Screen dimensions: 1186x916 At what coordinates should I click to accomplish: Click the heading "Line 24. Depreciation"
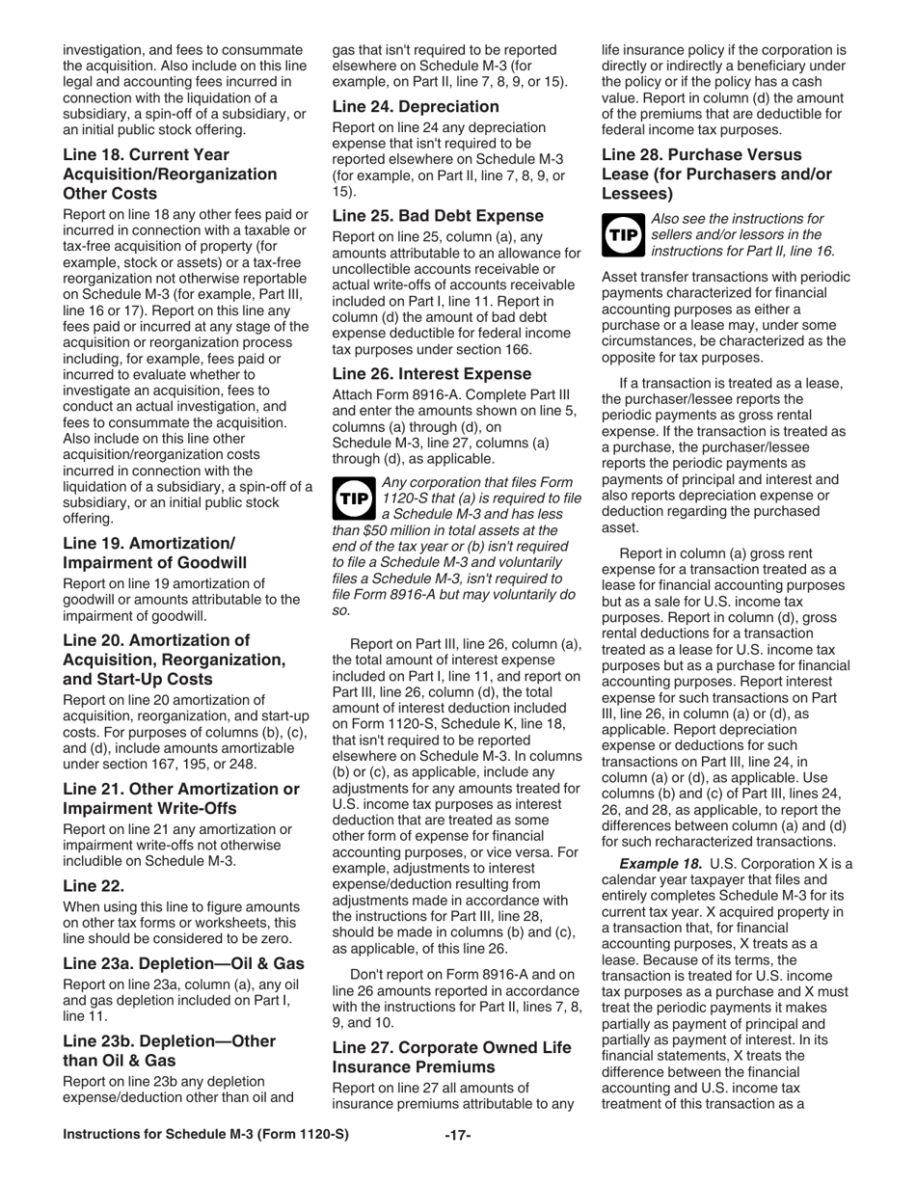[x=416, y=106]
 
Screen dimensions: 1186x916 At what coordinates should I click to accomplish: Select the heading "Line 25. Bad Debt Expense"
[x=438, y=216]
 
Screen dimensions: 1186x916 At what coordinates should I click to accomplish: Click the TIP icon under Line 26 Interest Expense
[x=353, y=498]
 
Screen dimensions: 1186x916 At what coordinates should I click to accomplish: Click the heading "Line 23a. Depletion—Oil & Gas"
[x=183, y=964]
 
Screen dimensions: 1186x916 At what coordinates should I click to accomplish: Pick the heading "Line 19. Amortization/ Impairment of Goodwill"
[x=154, y=553]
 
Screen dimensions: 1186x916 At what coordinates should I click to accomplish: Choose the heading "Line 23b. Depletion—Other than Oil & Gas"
[x=169, y=1050]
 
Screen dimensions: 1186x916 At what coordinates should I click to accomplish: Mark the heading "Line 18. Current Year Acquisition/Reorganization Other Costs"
[x=170, y=174]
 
